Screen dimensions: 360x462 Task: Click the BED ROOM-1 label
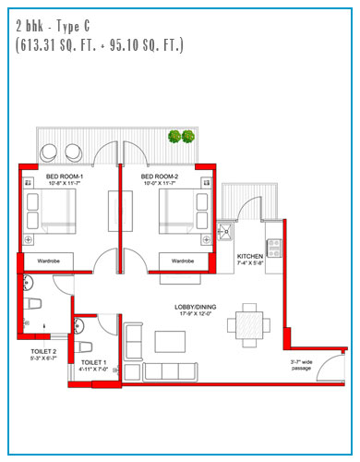pyautogui.click(x=65, y=176)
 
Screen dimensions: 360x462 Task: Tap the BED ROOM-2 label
pyautogui.click(x=160, y=176)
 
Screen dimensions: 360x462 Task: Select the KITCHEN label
pyautogui.click(x=250, y=256)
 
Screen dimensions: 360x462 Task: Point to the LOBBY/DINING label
pyautogui.click(x=196, y=307)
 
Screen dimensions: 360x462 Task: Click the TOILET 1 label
pyautogui.click(x=93, y=362)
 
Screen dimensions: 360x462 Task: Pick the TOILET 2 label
pyautogui.click(x=43, y=351)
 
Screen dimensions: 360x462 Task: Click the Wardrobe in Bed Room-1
pyautogui.click(x=49, y=261)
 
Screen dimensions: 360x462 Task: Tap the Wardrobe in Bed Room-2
pyautogui.click(x=184, y=261)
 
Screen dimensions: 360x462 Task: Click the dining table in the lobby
pyautogui.click(x=249, y=325)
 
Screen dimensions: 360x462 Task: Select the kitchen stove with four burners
pyautogui.click(x=274, y=249)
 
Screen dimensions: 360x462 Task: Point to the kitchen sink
pyautogui.click(x=225, y=232)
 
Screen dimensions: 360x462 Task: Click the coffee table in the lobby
pyautogui.click(x=170, y=342)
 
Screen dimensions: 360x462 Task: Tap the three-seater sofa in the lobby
pyautogui.click(x=170, y=371)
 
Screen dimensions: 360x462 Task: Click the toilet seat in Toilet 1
pyautogui.click(x=83, y=347)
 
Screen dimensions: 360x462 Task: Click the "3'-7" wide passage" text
pyautogui.click(x=301, y=365)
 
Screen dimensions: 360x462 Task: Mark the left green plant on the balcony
pyautogui.click(x=174, y=137)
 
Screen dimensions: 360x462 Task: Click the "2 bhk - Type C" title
pyautogui.click(x=53, y=27)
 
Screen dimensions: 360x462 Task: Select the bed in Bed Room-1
pyautogui.click(x=49, y=212)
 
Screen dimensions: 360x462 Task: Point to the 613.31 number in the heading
pyautogui.click(x=38, y=45)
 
